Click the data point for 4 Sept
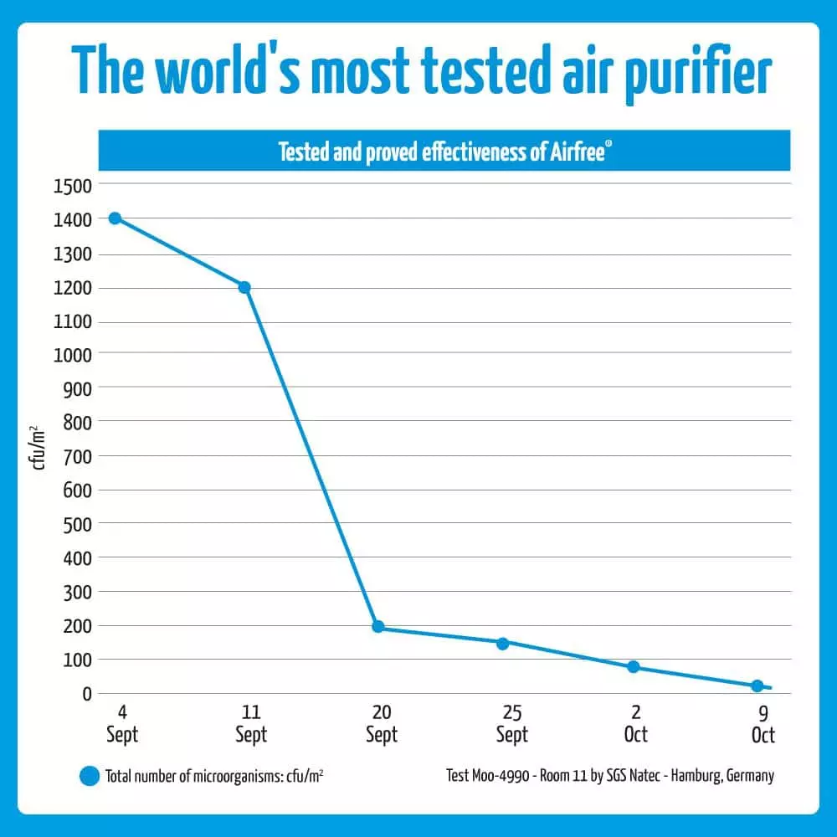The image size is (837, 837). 115,218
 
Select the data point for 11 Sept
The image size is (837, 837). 244,287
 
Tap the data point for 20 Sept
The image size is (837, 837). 377,627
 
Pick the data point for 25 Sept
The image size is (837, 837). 502,644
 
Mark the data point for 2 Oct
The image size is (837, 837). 634,667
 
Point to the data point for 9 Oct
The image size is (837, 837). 757,686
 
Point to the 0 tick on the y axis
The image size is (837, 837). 85,694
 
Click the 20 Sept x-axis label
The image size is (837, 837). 382,724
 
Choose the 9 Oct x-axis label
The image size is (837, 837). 763,724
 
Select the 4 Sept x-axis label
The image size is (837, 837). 122,724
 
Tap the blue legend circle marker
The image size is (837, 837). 90,776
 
